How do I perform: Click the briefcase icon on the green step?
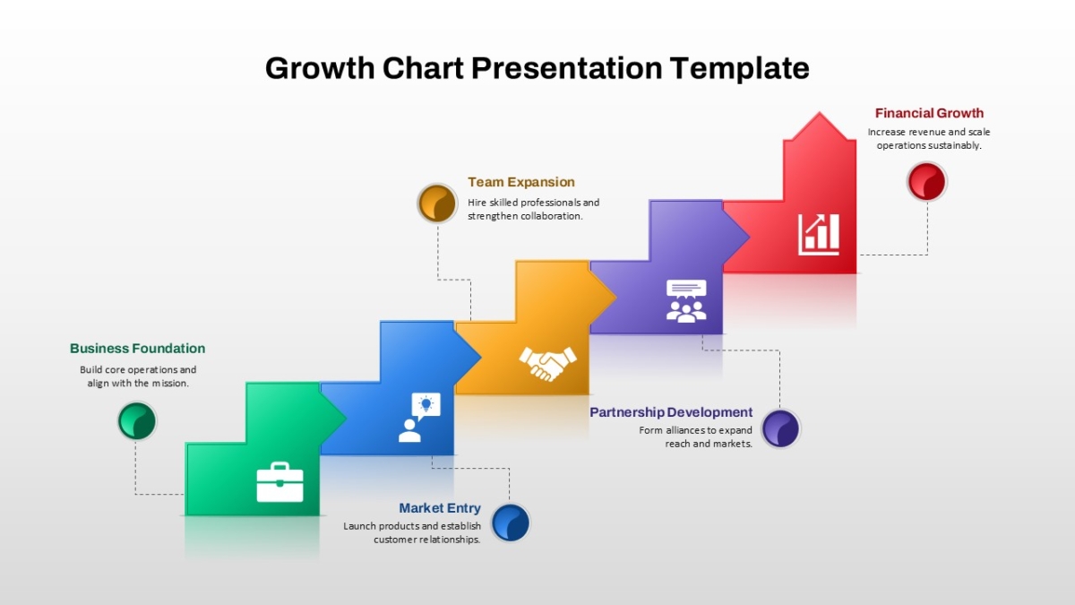(279, 482)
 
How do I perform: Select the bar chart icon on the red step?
(819, 234)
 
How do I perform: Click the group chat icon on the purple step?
(686, 301)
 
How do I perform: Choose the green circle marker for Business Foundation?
(137, 421)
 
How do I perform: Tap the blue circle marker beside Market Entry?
(511, 523)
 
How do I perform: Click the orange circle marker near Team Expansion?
(437, 203)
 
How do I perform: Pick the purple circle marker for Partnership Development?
(780, 428)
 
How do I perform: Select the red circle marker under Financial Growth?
(926, 181)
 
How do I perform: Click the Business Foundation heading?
(138, 348)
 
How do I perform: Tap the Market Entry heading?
(440, 508)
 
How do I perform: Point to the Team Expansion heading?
(521, 182)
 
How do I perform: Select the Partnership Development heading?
(671, 412)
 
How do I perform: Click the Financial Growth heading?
(929, 113)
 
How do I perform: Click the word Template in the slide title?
(740, 69)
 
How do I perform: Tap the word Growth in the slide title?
(320, 68)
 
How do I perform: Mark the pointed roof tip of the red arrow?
(819, 113)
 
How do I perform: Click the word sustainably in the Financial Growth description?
(955, 145)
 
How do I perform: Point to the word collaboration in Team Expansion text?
(552, 216)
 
